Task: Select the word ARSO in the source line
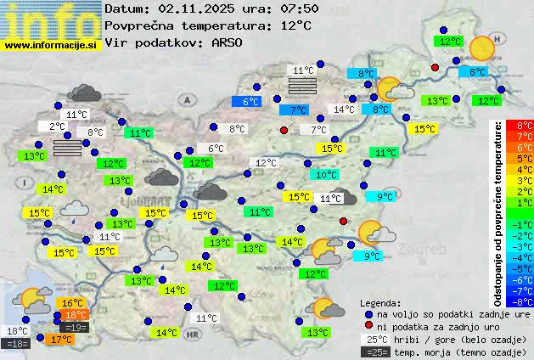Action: click(229, 42)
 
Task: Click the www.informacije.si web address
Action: click(52, 45)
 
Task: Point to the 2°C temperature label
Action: click(56, 127)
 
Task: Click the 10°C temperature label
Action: click(324, 175)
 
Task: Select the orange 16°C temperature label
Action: click(71, 303)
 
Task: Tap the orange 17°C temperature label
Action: click(59, 340)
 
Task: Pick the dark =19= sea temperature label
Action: click(75, 327)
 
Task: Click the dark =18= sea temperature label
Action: click(16, 344)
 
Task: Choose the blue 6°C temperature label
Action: click(250, 102)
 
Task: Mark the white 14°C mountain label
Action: click(344, 110)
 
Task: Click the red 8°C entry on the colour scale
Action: click(513, 126)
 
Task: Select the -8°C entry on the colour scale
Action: click(513, 301)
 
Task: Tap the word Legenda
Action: click(379, 302)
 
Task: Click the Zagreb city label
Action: click(424, 250)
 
